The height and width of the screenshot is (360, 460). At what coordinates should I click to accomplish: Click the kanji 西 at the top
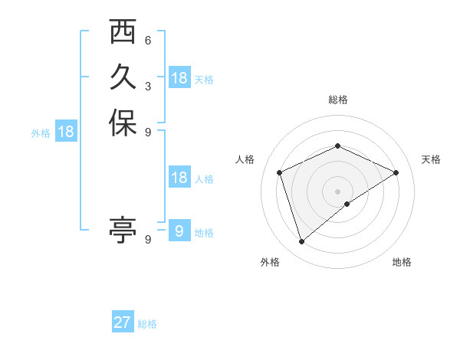point(123,33)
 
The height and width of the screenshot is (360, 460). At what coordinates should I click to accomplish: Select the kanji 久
point(123,77)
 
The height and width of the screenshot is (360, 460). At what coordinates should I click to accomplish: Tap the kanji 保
point(123,123)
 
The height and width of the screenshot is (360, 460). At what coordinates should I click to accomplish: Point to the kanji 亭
point(123,229)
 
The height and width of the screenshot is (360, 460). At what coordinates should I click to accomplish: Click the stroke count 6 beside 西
point(147,41)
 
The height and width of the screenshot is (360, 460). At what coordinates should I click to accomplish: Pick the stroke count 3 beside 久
point(147,86)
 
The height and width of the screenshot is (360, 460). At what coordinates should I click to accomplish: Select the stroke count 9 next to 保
point(147,132)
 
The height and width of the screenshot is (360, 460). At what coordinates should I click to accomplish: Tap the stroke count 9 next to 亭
point(147,239)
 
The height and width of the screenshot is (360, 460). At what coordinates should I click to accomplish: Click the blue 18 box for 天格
point(179,78)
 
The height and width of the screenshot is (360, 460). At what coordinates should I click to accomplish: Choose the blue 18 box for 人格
point(179,178)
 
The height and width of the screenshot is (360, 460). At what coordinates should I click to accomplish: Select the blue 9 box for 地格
point(179,231)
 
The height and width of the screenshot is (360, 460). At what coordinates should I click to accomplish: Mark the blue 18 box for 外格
point(66,132)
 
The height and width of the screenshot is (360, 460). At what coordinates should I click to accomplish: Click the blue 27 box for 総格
point(123,322)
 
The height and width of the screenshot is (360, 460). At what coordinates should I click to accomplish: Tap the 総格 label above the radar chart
point(338,100)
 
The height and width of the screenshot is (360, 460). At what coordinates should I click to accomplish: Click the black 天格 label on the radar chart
point(431,159)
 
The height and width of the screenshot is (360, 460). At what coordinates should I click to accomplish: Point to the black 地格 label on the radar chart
point(402,262)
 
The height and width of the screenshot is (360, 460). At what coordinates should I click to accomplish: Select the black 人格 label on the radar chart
point(245,159)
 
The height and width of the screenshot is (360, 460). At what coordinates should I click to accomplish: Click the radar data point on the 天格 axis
point(396,172)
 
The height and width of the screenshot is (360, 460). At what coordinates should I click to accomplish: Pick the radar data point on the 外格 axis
point(302,242)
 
